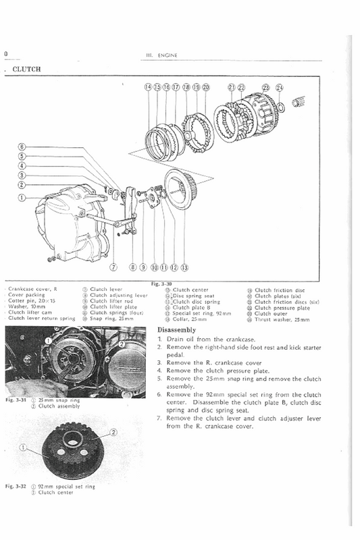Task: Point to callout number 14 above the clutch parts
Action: [x=149, y=88]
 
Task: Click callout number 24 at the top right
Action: [x=280, y=88]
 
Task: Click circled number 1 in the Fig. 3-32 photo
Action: [x=24, y=447]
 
